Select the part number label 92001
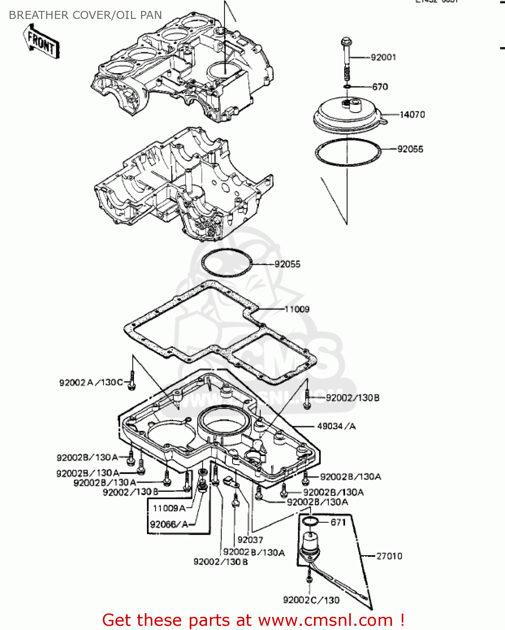click(x=383, y=57)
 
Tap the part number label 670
click(x=380, y=87)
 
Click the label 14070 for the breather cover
click(x=412, y=115)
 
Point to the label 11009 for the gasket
click(x=297, y=310)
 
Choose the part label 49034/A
click(x=336, y=426)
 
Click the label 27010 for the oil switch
click(x=389, y=556)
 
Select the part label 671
click(x=338, y=522)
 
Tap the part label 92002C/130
click(x=311, y=600)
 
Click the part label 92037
click(x=250, y=540)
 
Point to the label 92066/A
click(x=169, y=524)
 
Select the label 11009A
click(x=169, y=508)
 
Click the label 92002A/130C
click(x=91, y=383)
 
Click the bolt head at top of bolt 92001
click(x=346, y=42)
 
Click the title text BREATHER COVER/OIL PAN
click(x=85, y=15)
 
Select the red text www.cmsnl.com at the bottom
click(x=325, y=620)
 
